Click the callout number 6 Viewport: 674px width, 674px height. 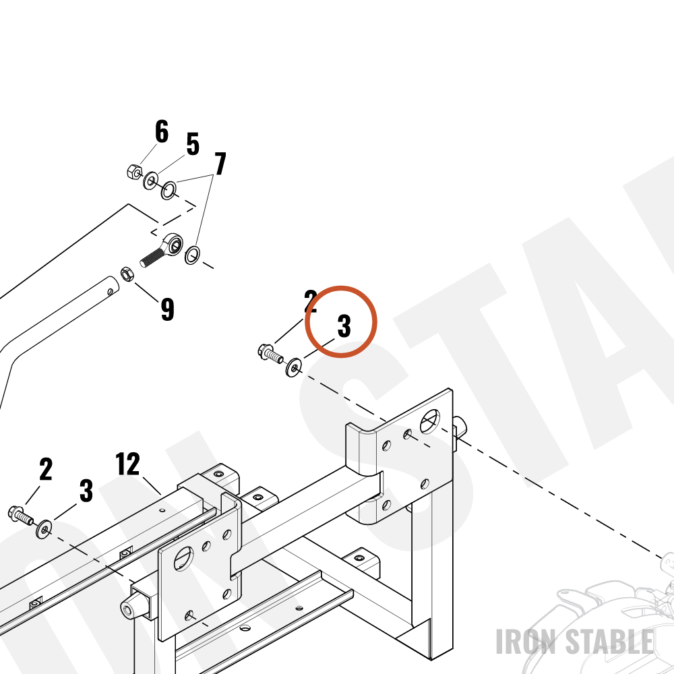162,131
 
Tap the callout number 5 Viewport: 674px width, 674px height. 193,144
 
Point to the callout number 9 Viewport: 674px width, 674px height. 168,309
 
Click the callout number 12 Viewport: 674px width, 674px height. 127,464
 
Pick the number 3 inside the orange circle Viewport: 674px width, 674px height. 344,326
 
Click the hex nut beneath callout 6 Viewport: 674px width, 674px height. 135,172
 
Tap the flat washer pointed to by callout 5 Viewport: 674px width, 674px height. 150,181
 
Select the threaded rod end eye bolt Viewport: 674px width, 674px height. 162,250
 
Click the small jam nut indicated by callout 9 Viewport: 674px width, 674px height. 127,274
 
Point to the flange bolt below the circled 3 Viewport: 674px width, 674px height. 270,353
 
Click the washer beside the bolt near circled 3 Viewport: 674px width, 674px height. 294,367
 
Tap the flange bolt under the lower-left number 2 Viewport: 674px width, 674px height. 20,514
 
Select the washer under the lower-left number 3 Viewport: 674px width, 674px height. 44,528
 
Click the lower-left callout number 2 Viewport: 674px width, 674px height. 46,469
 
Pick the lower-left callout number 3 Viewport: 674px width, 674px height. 86,491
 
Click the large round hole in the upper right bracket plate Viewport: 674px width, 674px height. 430,421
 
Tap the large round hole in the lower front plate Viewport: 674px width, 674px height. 183,559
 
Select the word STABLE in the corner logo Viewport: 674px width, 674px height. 609,642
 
